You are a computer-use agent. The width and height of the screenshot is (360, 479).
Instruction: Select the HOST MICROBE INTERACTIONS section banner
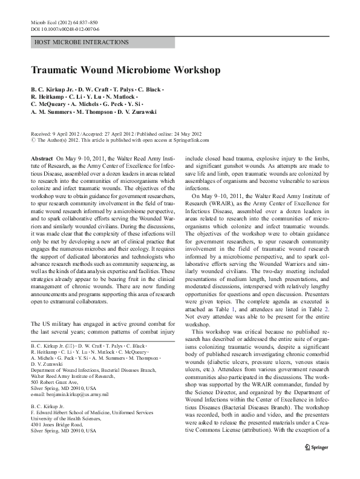(82, 42)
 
